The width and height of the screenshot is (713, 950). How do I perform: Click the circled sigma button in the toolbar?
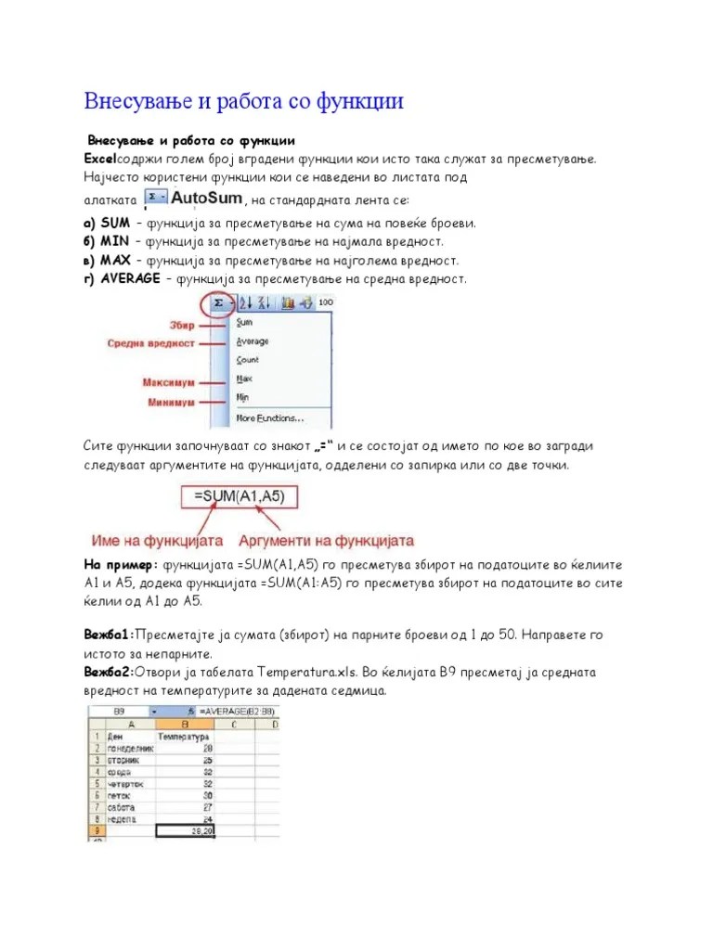[x=219, y=302]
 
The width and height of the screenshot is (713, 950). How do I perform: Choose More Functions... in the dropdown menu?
[x=270, y=417]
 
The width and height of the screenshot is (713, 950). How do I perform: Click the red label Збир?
[x=182, y=325]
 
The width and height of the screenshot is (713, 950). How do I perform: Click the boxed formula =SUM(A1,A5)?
[x=240, y=497]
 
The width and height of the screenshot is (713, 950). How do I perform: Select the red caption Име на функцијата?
[x=157, y=540]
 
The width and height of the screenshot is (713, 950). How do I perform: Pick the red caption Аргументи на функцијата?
[x=326, y=540]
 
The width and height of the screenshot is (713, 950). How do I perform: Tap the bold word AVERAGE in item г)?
[x=130, y=278]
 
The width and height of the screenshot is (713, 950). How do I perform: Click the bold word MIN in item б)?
[x=114, y=241]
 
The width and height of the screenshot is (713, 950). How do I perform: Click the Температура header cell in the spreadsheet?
[x=187, y=735]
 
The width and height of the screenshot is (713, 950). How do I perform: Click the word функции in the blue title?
[x=352, y=101]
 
